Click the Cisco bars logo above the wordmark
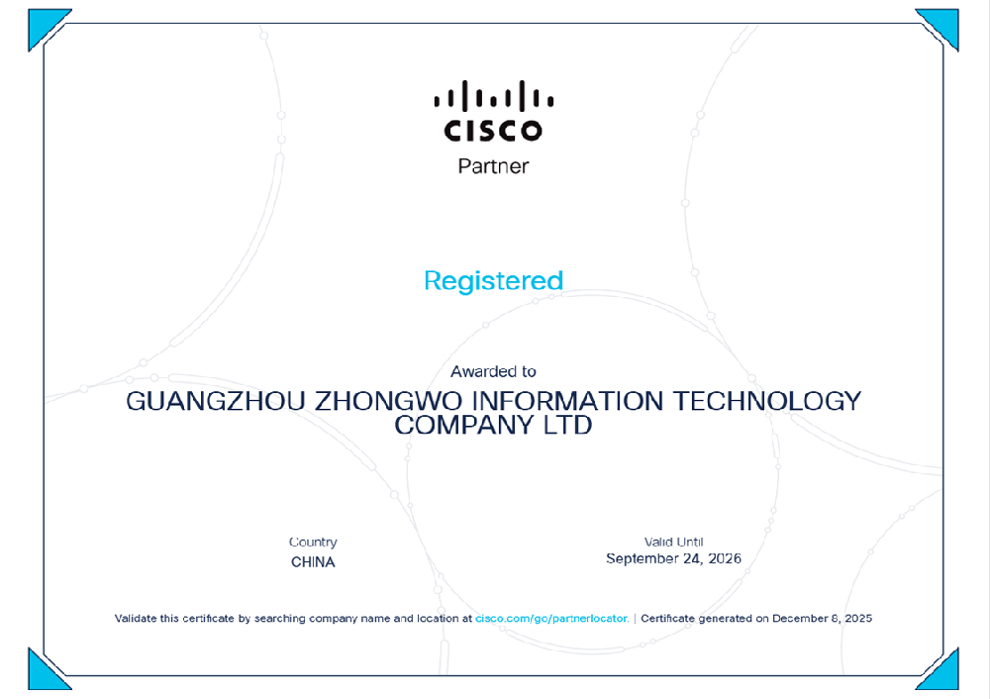pyautogui.click(x=494, y=95)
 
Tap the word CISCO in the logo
pyautogui.click(x=493, y=131)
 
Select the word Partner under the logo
pyautogui.click(x=493, y=166)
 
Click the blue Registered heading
pyautogui.click(x=493, y=281)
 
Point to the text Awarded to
pyautogui.click(x=493, y=371)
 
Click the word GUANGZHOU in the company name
pyautogui.click(x=215, y=402)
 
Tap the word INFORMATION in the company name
pyautogui.click(x=567, y=402)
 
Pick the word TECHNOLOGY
pyautogui.click(x=766, y=402)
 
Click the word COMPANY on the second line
pyautogui.click(x=464, y=425)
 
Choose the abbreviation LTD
pyautogui.click(x=567, y=425)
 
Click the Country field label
pyautogui.click(x=313, y=542)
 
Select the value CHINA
pyautogui.click(x=313, y=562)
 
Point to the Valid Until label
pyautogui.click(x=673, y=542)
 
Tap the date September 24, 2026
pyautogui.click(x=673, y=558)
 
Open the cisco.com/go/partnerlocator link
pyautogui.click(x=551, y=618)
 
